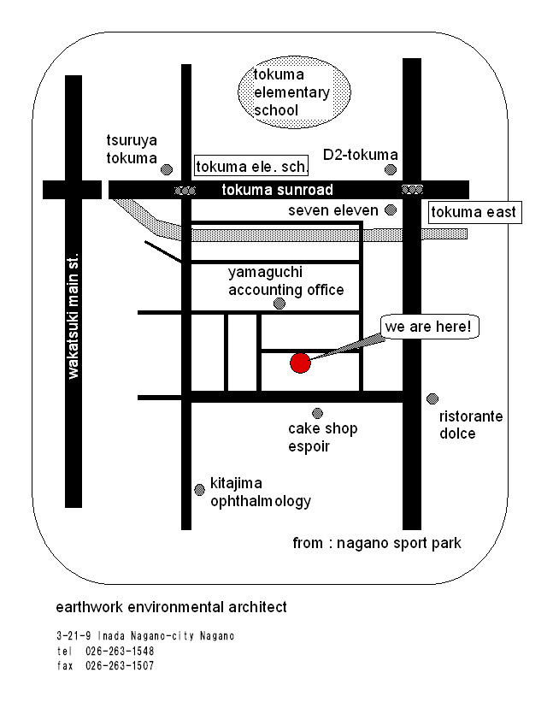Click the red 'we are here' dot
point(299,363)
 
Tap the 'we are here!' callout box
point(428,327)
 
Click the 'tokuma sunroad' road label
point(277,190)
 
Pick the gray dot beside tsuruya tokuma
point(167,169)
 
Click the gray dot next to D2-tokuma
point(391,169)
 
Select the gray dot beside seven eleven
point(391,209)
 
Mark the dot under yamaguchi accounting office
point(279,304)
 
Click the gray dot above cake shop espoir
point(317,413)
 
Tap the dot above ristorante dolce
point(432,398)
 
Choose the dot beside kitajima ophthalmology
point(199,490)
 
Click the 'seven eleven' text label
point(332,210)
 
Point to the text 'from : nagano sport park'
point(377,544)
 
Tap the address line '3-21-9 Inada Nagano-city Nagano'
point(144,636)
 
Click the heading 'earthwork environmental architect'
point(171,608)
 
